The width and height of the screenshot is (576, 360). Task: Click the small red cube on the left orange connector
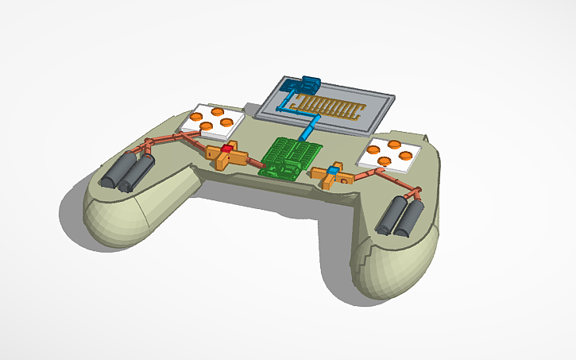pos(226,149)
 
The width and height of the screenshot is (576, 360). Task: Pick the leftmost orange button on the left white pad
pos(195,117)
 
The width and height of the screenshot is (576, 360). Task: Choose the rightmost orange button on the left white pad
pos(228,122)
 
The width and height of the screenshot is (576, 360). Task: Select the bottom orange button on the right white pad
pos(385,161)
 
